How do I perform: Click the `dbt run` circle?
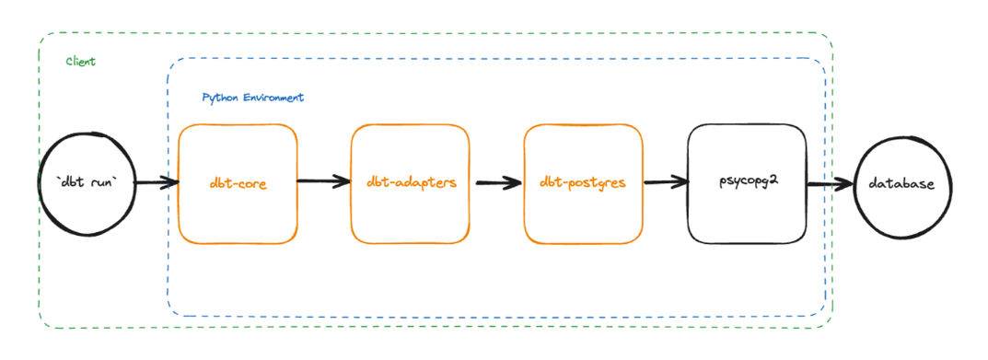[89, 183]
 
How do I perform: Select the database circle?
[901, 184]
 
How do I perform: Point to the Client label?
[81, 62]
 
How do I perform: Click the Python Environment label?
[253, 98]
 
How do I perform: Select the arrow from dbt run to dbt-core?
[156, 184]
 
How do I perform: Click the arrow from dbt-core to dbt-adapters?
[324, 182]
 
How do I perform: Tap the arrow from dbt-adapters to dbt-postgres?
[497, 182]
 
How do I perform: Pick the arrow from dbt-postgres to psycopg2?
[666, 182]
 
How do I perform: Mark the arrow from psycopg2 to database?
[831, 184]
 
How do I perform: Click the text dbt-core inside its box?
[238, 184]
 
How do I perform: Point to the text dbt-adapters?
[411, 182]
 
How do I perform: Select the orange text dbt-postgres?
[583, 182]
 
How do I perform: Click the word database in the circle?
[901, 184]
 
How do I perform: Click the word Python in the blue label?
[217, 98]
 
